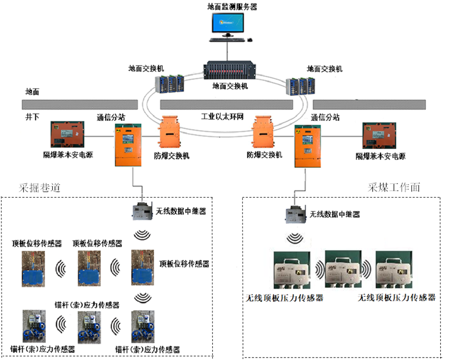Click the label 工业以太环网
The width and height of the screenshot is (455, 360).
(222, 117)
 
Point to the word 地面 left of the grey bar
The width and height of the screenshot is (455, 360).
(32, 93)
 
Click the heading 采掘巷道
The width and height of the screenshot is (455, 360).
(39, 188)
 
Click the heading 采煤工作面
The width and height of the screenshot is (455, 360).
(394, 188)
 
